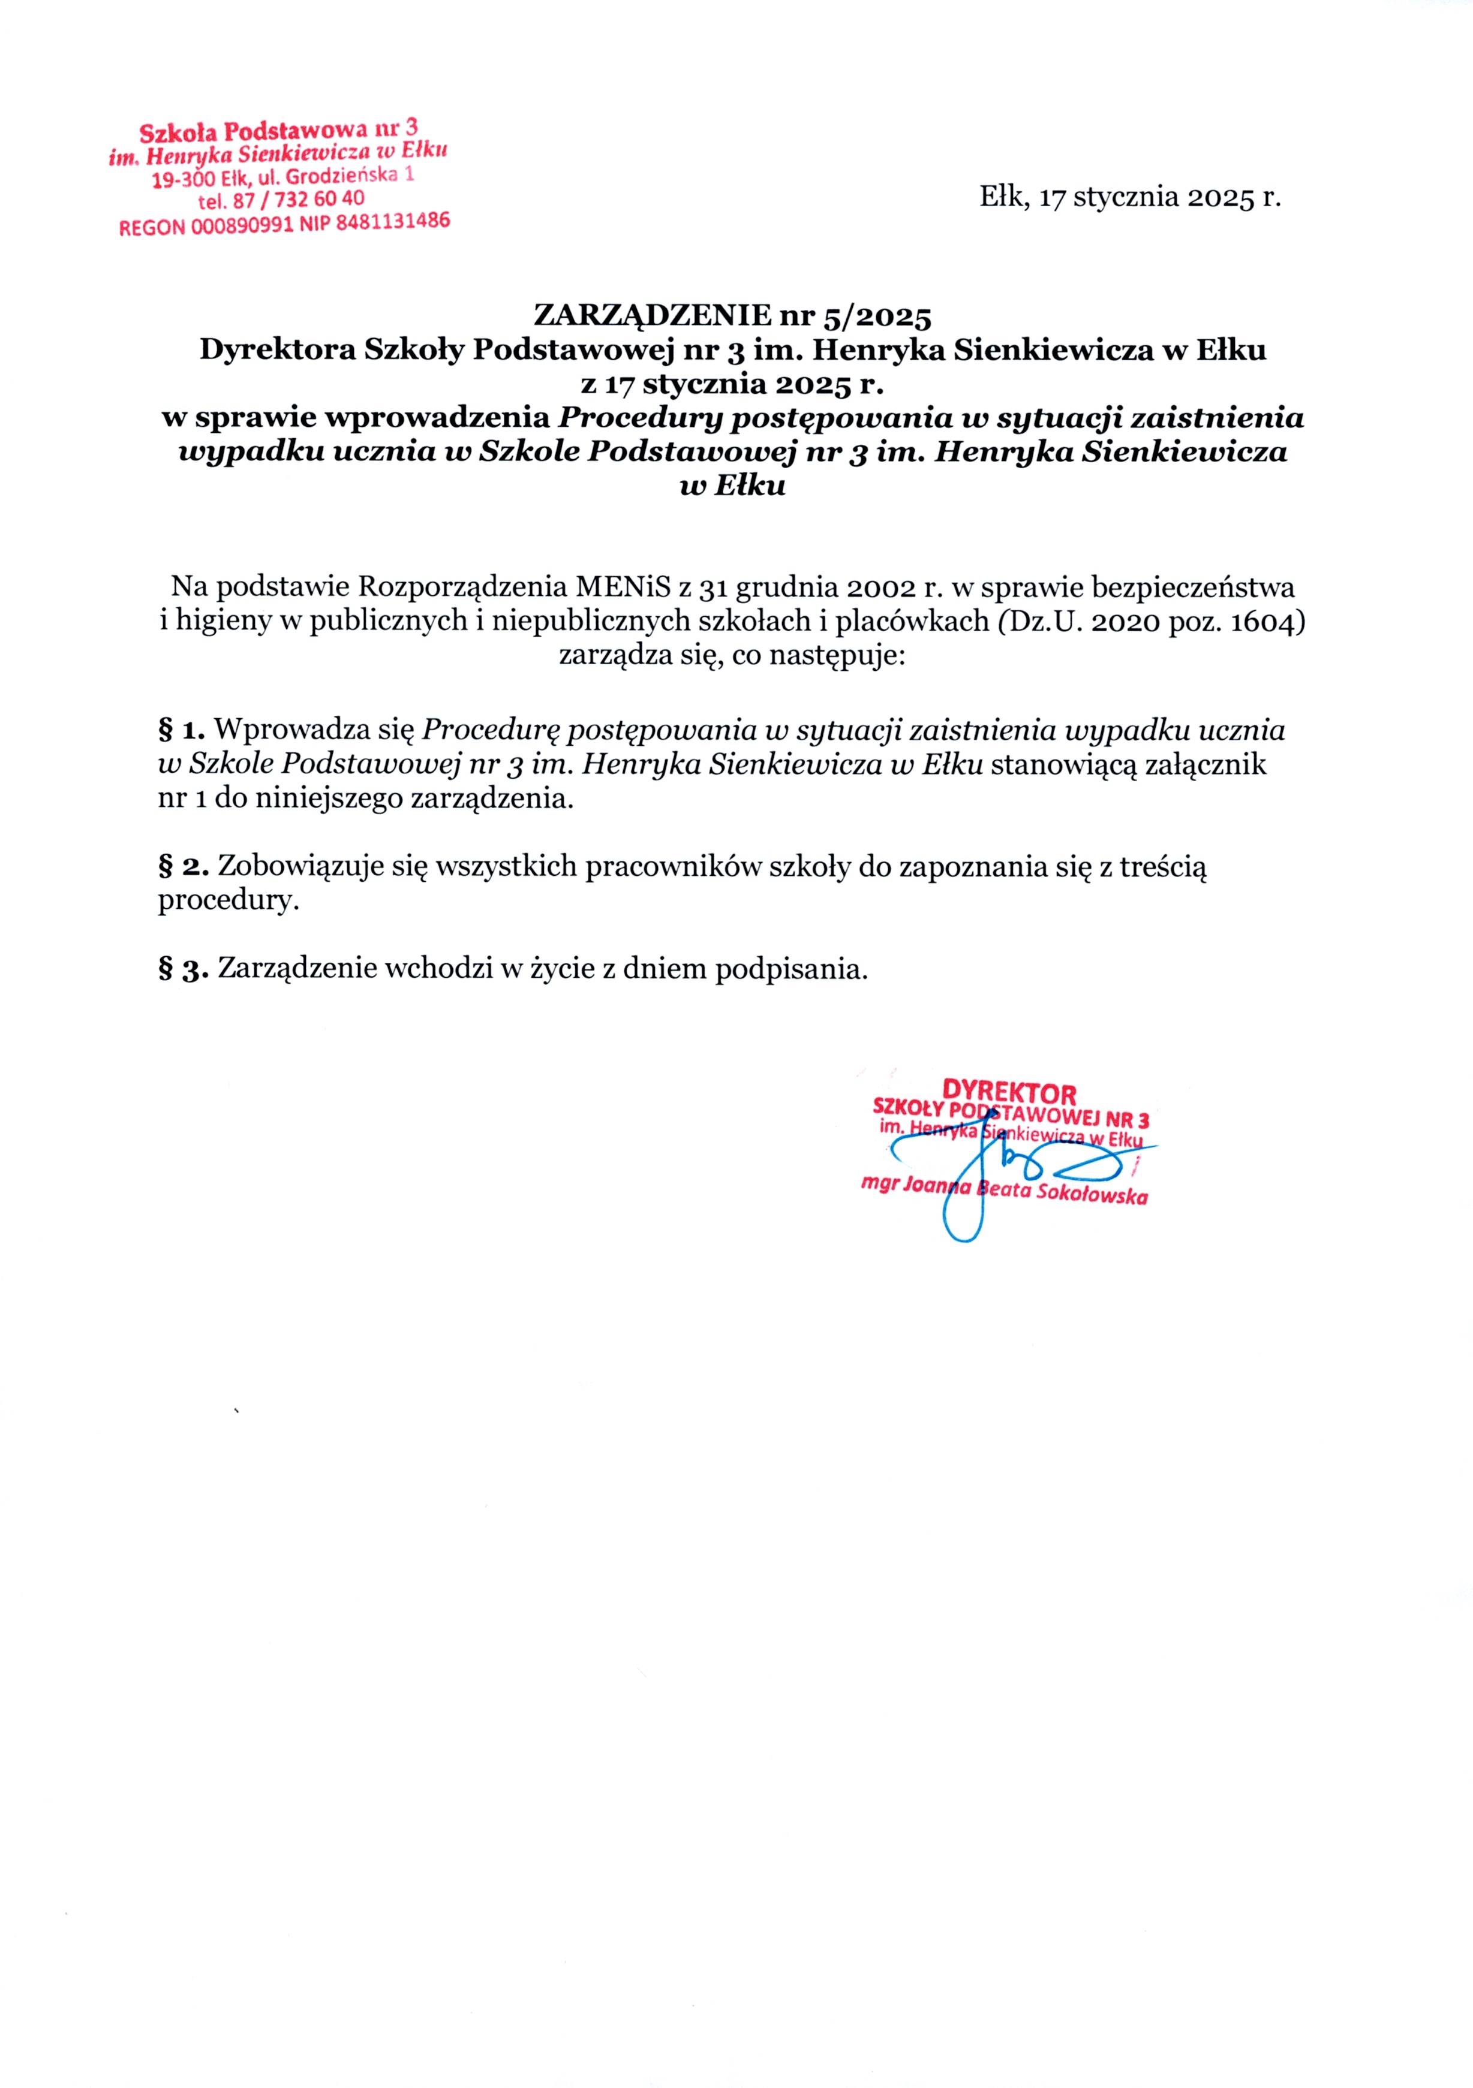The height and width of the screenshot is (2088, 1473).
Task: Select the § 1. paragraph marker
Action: [185, 730]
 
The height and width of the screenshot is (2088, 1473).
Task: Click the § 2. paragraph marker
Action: [185, 867]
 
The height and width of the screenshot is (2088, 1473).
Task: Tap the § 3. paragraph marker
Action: [185, 969]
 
